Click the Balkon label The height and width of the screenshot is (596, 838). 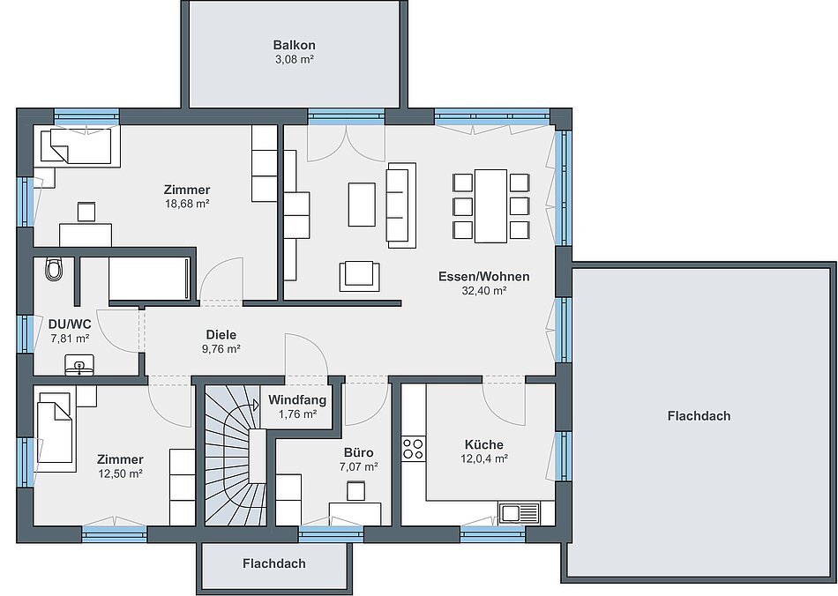point(294,45)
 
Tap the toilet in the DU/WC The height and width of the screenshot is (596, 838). point(54,269)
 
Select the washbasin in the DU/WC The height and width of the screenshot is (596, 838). point(79,364)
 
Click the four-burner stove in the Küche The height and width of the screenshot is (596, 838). point(414,449)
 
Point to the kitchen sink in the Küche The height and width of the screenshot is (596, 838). point(520,513)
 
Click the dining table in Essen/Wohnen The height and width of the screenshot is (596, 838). point(490,205)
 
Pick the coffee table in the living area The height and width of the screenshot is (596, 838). point(362,204)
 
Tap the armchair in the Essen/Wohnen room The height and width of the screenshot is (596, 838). point(359,276)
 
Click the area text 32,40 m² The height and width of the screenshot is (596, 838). point(484,291)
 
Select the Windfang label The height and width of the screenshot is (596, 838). point(297,399)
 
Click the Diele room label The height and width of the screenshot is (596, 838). point(221,335)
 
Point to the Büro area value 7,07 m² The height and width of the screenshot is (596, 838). point(359,466)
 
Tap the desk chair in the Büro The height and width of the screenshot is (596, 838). point(356,491)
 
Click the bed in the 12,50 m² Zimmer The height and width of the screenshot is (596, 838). point(54,432)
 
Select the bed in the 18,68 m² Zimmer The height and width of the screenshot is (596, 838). point(77,145)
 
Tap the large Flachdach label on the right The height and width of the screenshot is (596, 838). point(699,415)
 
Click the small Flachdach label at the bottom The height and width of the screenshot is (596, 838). point(274,563)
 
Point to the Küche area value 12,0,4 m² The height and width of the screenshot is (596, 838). point(484,458)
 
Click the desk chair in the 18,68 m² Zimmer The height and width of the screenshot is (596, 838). point(86,212)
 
